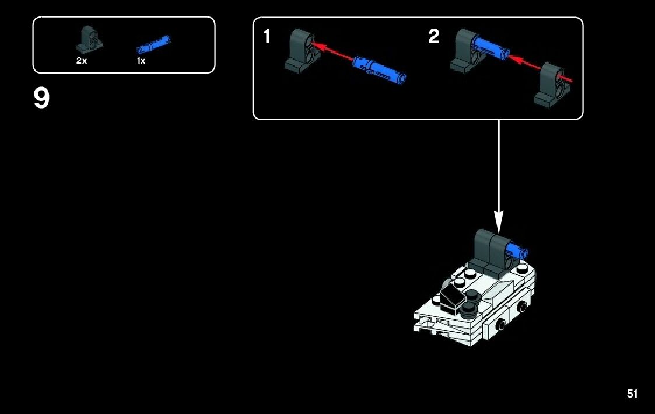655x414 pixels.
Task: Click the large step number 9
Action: coord(41,99)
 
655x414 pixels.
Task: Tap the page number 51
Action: coord(632,394)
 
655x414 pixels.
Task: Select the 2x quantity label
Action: coord(82,61)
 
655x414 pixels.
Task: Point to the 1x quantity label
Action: coord(141,61)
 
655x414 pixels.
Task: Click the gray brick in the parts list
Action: coord(90,39)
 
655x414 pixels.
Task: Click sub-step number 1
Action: coord(267,37)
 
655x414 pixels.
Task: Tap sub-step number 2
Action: coord(433,37)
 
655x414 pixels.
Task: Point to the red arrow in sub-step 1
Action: coord(332,50)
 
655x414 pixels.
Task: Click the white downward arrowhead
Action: coord(499,221)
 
